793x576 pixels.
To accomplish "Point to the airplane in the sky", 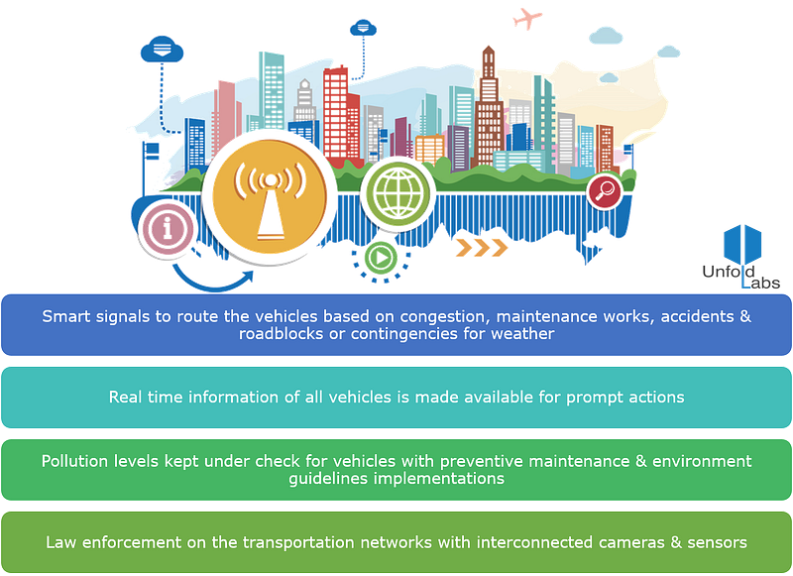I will coord(527,17).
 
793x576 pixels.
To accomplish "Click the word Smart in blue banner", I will coord(64,316).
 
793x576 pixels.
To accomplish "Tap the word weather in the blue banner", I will coord(526,334).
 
